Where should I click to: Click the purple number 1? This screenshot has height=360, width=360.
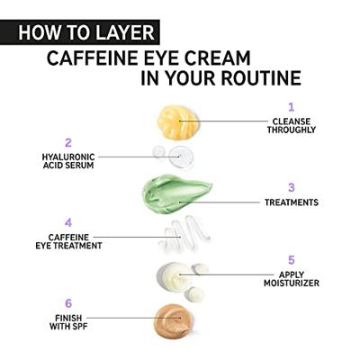pos(291,106)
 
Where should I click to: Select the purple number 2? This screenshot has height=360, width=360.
pos(67,142)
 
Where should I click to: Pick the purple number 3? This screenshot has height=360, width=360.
pos(291,187)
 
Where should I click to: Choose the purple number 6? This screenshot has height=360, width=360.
pos(67,303)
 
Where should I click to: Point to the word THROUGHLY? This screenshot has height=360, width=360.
pos(292,130)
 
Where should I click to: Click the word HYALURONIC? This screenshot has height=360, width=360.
pos(68,157)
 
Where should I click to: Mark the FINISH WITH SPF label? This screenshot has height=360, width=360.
pos(67,321)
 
